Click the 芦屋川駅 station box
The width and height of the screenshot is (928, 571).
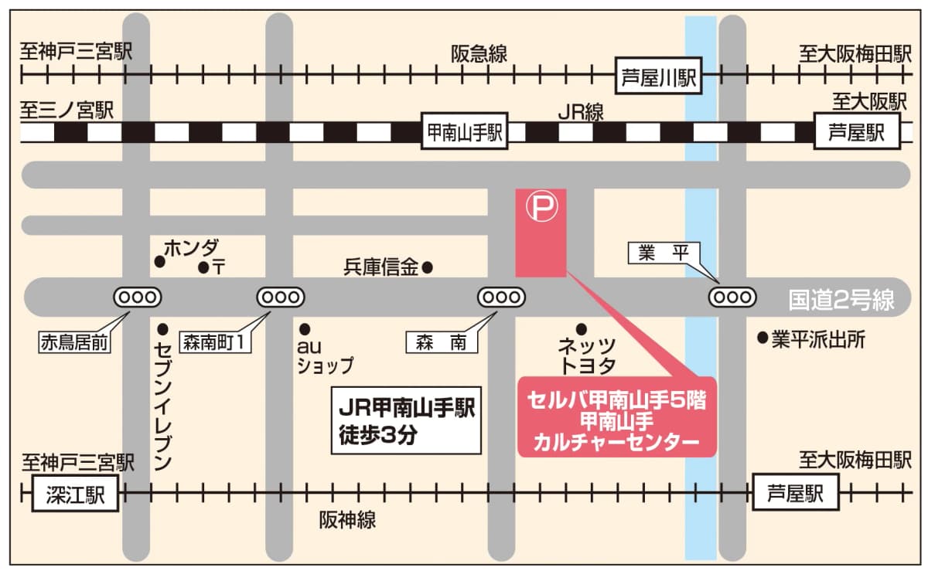pyautogui.click(x=657, y=76)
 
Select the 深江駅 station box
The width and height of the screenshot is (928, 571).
pyautogui.click(x=75, y=493)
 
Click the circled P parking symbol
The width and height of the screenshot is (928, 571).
pyautogui.click(x=541, y=207)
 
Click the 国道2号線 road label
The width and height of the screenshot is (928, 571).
pyautogui.click(x=841, y=299)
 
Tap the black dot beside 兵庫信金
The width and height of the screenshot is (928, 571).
pyautogui.click(x=427, y=268)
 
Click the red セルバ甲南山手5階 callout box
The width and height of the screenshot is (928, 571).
pyautogui.click(x=617, y=417)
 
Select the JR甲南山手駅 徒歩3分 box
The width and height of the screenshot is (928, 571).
pyautogui.click(x=408, y=420)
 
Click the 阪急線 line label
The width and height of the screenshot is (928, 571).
pyautogui.click(x=479, y=54)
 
